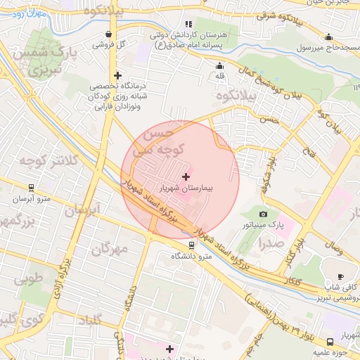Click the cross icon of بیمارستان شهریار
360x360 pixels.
[x=186, y=176]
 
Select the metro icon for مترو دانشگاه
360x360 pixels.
[x=191, y=245]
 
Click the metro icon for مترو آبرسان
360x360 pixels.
[x=30, y=188]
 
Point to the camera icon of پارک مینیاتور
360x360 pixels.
[x=263, y=214]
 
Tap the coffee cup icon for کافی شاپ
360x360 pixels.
[x=341, y=276]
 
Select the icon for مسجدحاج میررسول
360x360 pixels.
[x=328, y=37]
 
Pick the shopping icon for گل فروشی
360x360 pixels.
[x=108, y=33]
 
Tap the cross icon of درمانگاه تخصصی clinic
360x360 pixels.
[x=117, y=75]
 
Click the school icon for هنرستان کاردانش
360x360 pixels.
[x=188, y=24]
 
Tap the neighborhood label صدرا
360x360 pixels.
[x=270, y=243]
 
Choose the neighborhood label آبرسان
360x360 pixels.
[x=84, y=210]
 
